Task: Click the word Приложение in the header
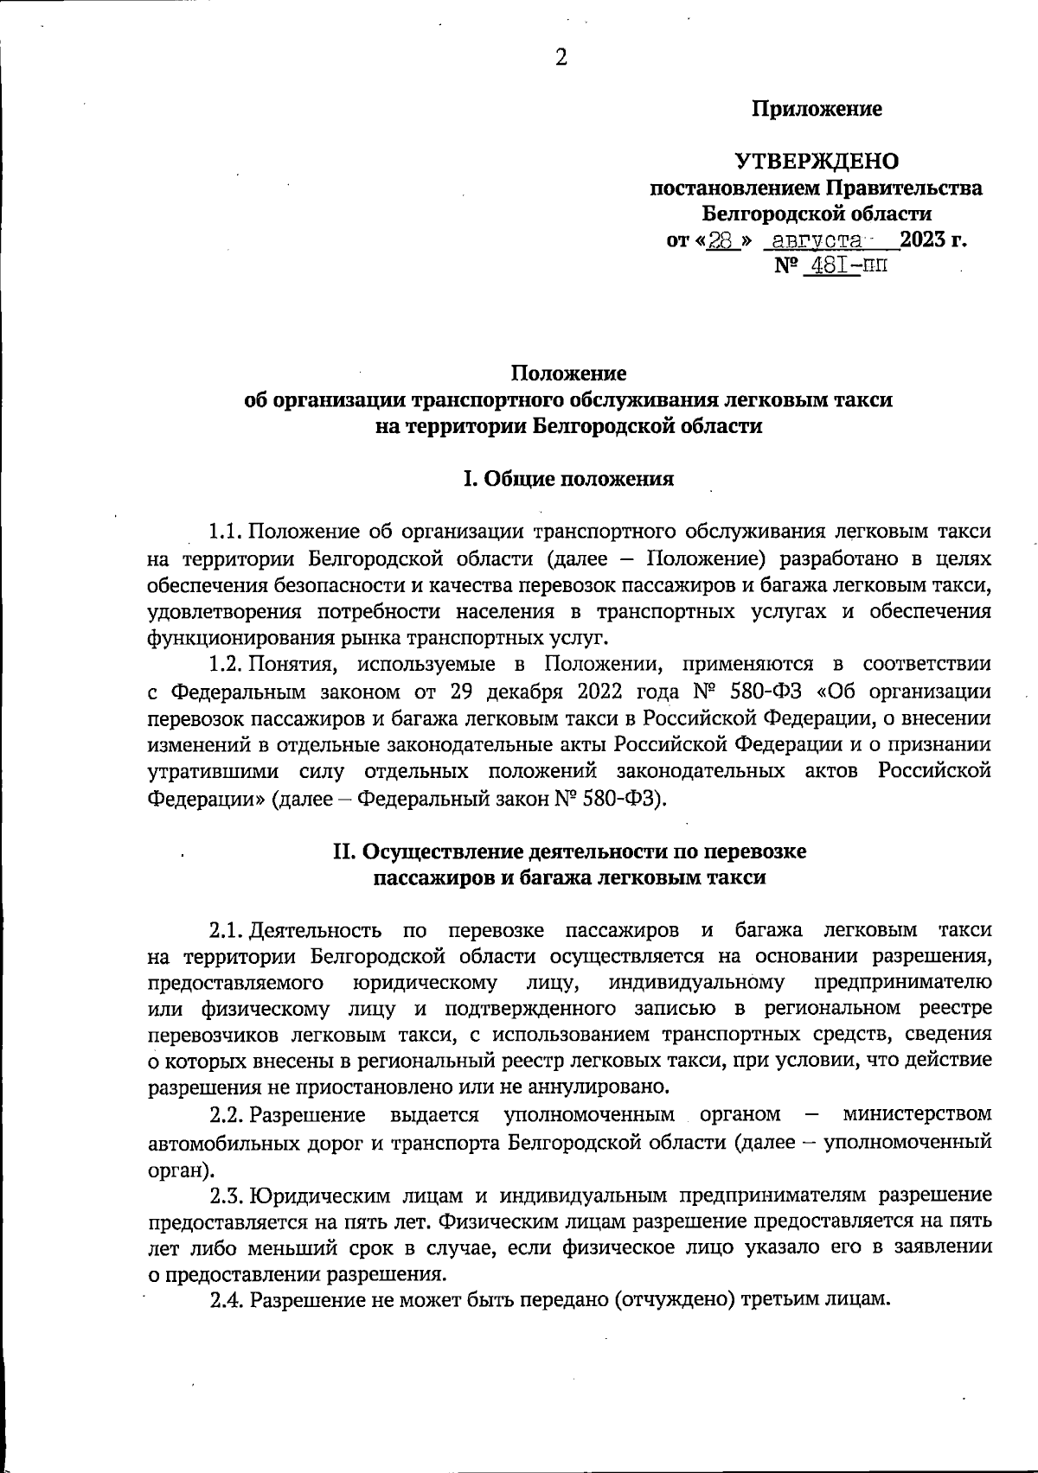[x=817, y=110]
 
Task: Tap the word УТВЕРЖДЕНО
[x=817, y=162]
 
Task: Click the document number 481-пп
[x=845, y=265]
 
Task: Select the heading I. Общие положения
[x=568, y=478]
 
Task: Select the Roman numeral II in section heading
[x=344, y=852]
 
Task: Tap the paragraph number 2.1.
[x=227, y=931]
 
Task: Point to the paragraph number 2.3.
[x=227, y=1196]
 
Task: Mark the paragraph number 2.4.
[x=227, y=1300]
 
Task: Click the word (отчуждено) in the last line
[x=674, y=1300]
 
